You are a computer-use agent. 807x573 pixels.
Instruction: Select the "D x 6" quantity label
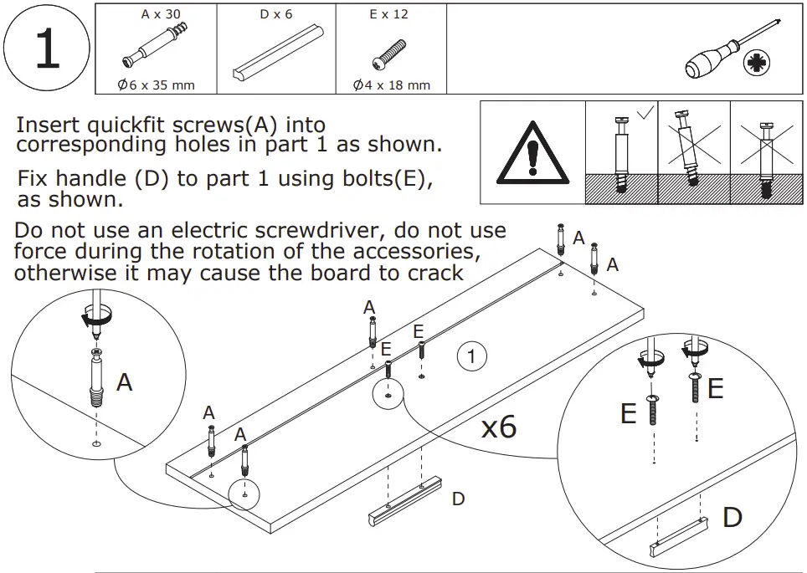pos(275,15)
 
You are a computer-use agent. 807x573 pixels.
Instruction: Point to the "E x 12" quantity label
pos(390,15)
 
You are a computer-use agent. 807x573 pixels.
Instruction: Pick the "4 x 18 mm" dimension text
pos(391,84)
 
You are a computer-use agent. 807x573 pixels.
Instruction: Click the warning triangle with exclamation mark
pos(532,152)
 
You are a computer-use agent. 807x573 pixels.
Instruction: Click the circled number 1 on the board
pos(471,357)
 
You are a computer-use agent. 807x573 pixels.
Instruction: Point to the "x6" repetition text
pos(498,427)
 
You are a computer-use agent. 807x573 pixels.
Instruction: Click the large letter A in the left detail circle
pos(125,383)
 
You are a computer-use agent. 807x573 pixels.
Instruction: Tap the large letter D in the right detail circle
pos(732,517)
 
